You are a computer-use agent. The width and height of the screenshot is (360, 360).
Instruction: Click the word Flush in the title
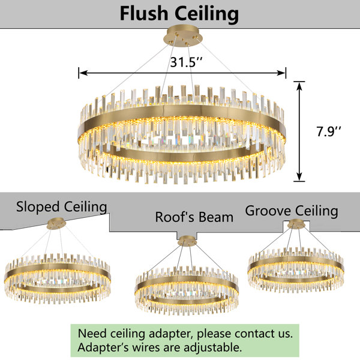pos(144,14)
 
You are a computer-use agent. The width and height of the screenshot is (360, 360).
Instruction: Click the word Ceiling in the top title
pos(207,14)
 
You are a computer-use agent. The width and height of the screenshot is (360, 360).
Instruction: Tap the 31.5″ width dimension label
pos(186,62)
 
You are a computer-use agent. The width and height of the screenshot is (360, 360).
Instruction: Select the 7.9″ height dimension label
pos(329,131)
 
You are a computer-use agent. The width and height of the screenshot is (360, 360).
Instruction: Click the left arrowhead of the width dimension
pos(83,73)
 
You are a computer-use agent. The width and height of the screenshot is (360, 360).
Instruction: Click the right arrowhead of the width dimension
pos(281,73)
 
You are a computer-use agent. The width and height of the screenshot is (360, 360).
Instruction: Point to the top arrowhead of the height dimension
pos(299,86)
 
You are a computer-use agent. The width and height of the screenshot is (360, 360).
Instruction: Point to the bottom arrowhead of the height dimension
pos(299,177)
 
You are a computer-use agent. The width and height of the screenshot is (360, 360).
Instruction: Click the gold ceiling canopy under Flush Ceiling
pos(183,37)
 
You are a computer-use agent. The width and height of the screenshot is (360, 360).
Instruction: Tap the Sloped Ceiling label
pos(62,207)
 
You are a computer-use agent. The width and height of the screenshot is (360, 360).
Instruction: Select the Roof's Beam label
pos(194,217)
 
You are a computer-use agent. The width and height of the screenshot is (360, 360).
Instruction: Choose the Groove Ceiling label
pos(292,211)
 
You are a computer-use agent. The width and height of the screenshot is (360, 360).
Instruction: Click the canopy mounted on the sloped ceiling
pos(56,223)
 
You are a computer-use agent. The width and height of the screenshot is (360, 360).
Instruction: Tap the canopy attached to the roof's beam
pos(187,241)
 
